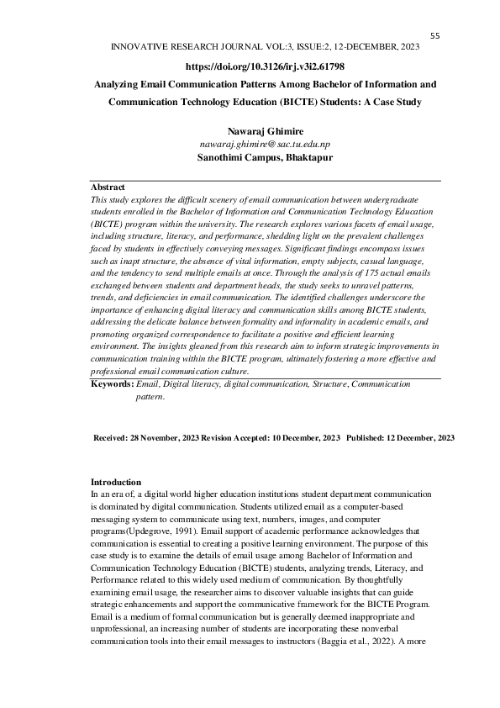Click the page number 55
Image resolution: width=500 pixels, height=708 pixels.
435,35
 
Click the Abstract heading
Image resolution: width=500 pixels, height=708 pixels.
108,187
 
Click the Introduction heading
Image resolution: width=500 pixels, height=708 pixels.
116,482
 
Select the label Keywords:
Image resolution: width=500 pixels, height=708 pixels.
112,383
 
